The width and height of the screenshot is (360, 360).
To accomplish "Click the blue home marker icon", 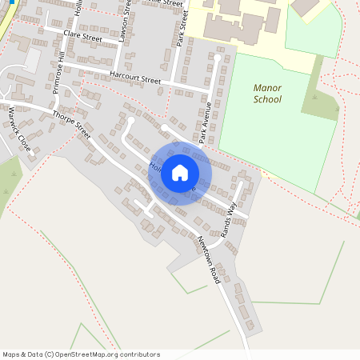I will pyautogui.click(x=180, y=173).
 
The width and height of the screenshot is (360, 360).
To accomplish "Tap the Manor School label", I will pyautogui.click(x=267, y=94).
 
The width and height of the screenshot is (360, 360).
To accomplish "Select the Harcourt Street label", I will pyautogui.click(x=135, y=78).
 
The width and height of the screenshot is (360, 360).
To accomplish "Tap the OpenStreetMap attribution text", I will pyautogui.click(x=81, y=354).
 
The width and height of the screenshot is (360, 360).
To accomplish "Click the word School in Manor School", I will pyautogui.click(x=267, y=102).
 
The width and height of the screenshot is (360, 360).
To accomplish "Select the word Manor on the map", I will pyautogui.click(x=267, y=88).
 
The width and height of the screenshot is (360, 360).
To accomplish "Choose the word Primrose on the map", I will pyautogui.click(x=58, y=77).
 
